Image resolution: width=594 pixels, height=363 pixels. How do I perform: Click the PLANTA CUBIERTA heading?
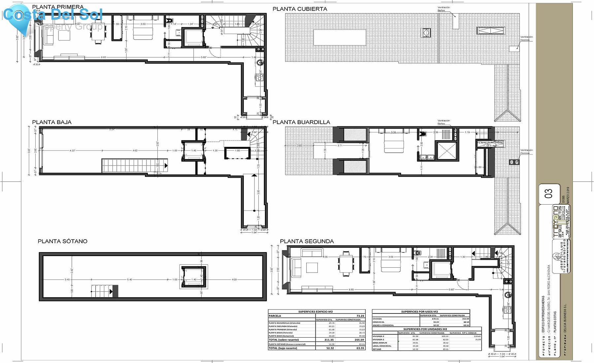click(300, 9)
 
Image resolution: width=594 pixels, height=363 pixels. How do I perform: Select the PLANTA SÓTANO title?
click(62, 241)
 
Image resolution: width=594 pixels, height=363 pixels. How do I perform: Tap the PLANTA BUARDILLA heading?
click(301, 122)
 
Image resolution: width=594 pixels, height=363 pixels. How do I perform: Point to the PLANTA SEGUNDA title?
click(307, 241)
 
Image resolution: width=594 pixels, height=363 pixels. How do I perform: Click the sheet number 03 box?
click(548, 193)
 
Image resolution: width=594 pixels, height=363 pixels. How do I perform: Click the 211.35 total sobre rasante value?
click(329, 340)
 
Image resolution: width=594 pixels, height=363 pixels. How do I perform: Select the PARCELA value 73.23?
click(360, 316)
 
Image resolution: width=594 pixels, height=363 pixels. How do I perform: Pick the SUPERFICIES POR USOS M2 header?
click(419, 312)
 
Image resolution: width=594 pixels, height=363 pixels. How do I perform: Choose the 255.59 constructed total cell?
click(359, 340)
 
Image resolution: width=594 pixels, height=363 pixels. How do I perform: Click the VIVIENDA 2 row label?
click(379, 336)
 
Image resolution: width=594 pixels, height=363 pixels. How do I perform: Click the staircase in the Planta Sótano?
click(104, 291)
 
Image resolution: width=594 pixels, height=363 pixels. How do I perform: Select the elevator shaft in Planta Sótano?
click(194, 277)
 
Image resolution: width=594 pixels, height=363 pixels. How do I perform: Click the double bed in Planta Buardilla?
click(394, 144)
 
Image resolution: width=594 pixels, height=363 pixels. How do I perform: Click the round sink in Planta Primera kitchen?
click(261, 62)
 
